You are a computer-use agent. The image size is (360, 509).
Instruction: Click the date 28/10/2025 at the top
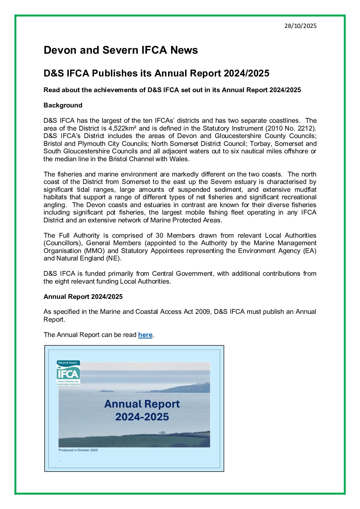click(x=300, y=26)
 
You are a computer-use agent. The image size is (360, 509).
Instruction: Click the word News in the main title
click(x=184, y=50)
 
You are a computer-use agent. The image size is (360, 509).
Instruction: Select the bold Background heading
click(x=63, y=105)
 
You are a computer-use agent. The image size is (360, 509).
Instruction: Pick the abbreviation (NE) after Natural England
click(x=115, y=258)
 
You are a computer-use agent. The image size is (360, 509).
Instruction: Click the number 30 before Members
click(x=159, y=235)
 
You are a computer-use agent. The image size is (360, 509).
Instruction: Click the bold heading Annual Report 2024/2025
click(x=83, y=296)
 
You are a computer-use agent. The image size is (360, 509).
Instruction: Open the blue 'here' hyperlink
click(x=145, y=335)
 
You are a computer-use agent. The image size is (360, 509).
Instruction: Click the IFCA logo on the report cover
click(x=68, y=373)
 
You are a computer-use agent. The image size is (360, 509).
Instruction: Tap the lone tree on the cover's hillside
click(x=163, y=433)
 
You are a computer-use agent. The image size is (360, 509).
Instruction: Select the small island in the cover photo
click(x=107, y=391)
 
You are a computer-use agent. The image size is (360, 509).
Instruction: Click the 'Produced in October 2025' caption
click(x=78, y=450)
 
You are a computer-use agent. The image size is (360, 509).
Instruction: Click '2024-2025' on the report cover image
click(x=142, y=417)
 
